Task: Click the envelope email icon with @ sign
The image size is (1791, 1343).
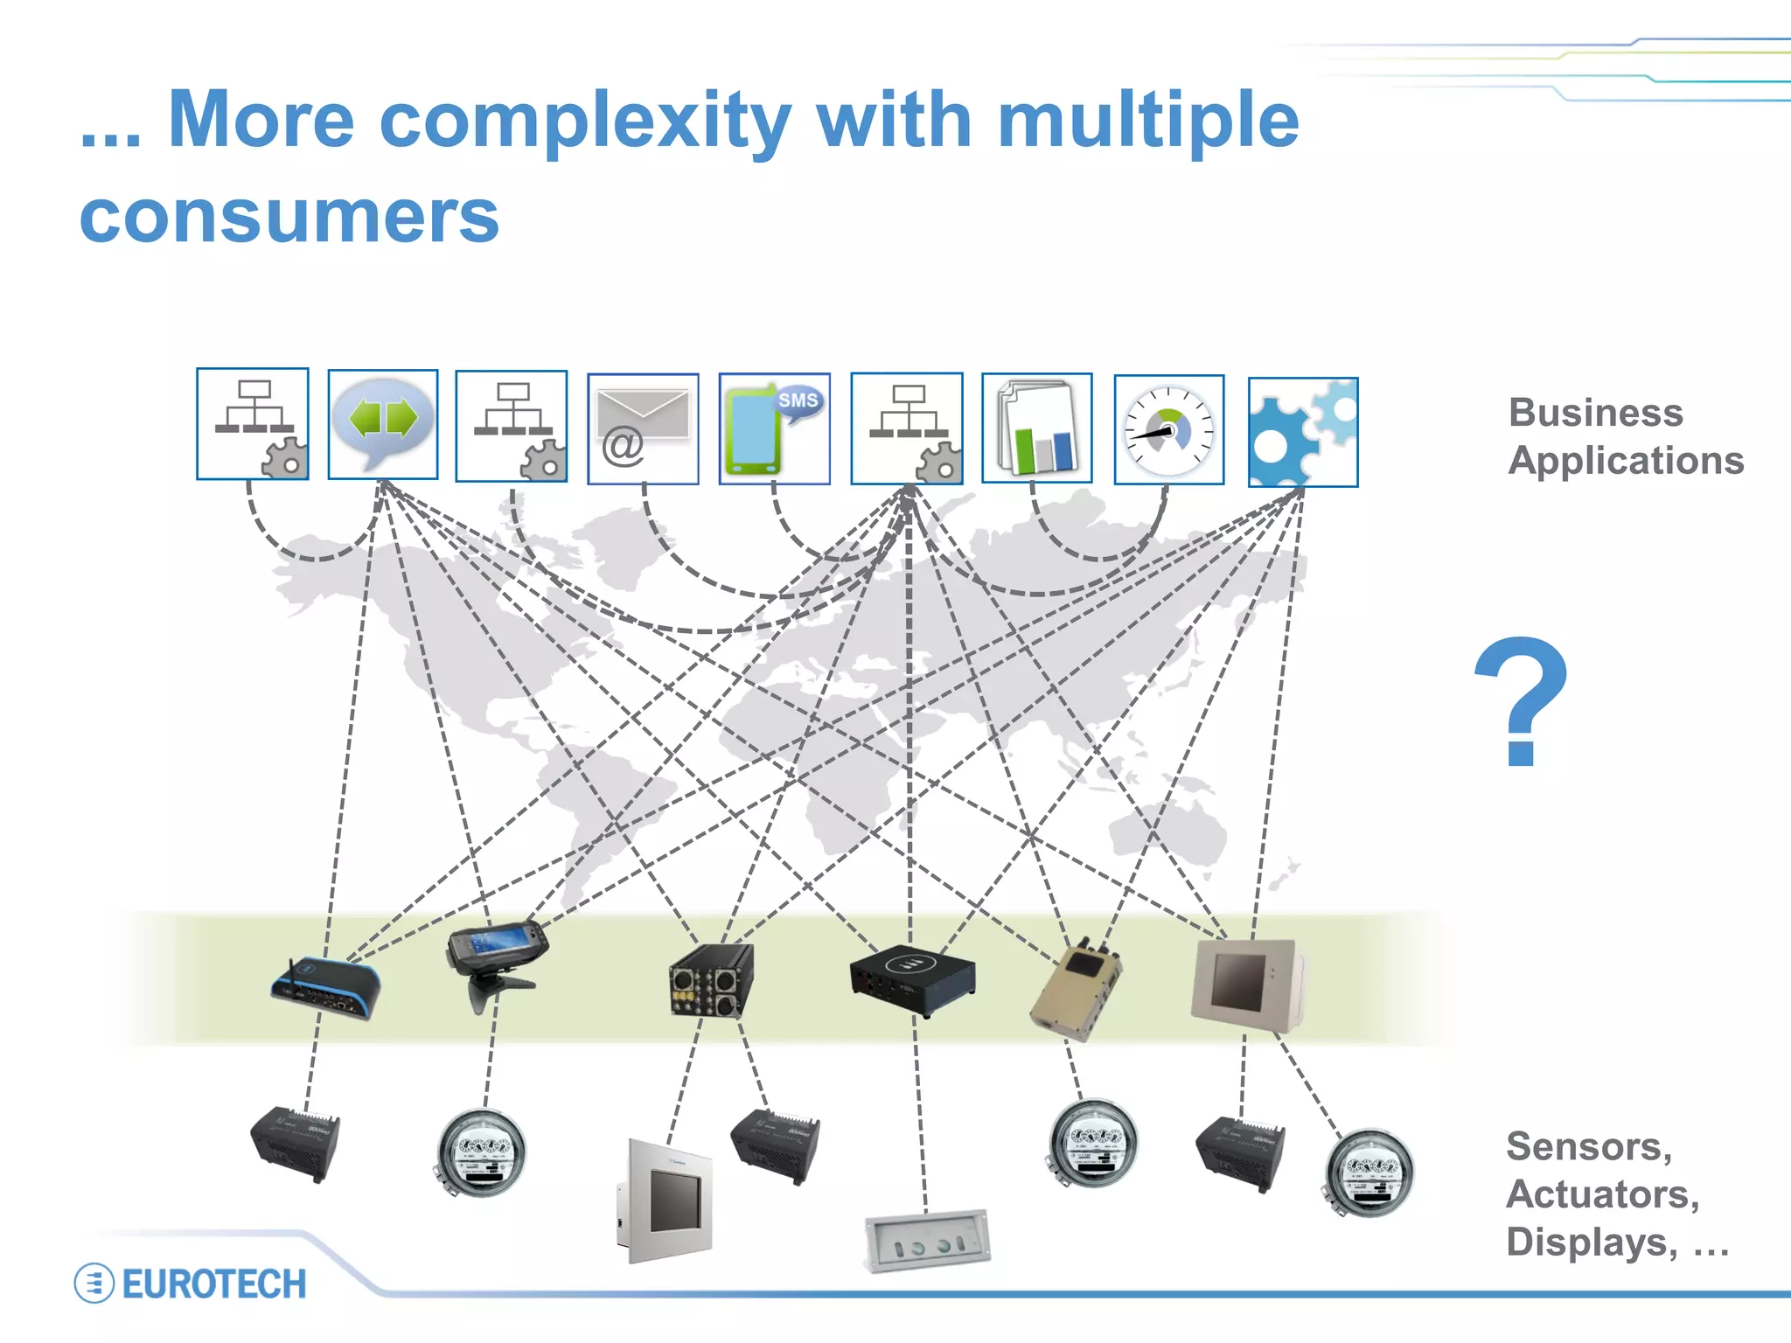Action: (x=643, y=428)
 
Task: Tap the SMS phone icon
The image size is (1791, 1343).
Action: (x=774, y=428)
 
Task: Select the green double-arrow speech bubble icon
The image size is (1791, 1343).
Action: (x=383, y=423)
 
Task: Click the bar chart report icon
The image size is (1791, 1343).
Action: (x=1037, y=428)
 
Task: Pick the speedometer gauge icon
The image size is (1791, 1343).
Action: (x=1169, y=429)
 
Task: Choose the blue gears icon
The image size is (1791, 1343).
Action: (x=1302, y=432)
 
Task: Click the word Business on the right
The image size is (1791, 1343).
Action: (x=1596, y=413)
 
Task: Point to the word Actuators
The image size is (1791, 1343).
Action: (x=1602, y=1194)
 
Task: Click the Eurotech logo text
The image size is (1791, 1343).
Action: (x=214, y=1284)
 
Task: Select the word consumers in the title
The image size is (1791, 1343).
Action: (x=289, y=216)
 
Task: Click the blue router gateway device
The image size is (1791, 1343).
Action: (x=326, y=990)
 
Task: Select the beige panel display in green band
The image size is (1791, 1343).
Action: (x=1245, y=983)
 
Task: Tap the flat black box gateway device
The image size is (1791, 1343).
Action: (x=912, y=978)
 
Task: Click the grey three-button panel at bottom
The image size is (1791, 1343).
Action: (x=928, y=1241)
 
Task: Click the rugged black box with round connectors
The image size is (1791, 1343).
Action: (x=711, y=981)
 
